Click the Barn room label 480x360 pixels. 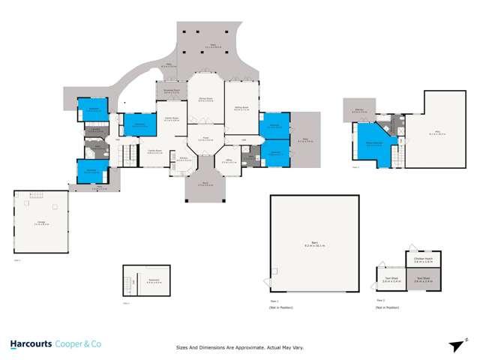click(304, 243)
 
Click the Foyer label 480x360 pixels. click(202, 139)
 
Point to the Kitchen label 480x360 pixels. click(183, 158)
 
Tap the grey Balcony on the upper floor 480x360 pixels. click(358, 110)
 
